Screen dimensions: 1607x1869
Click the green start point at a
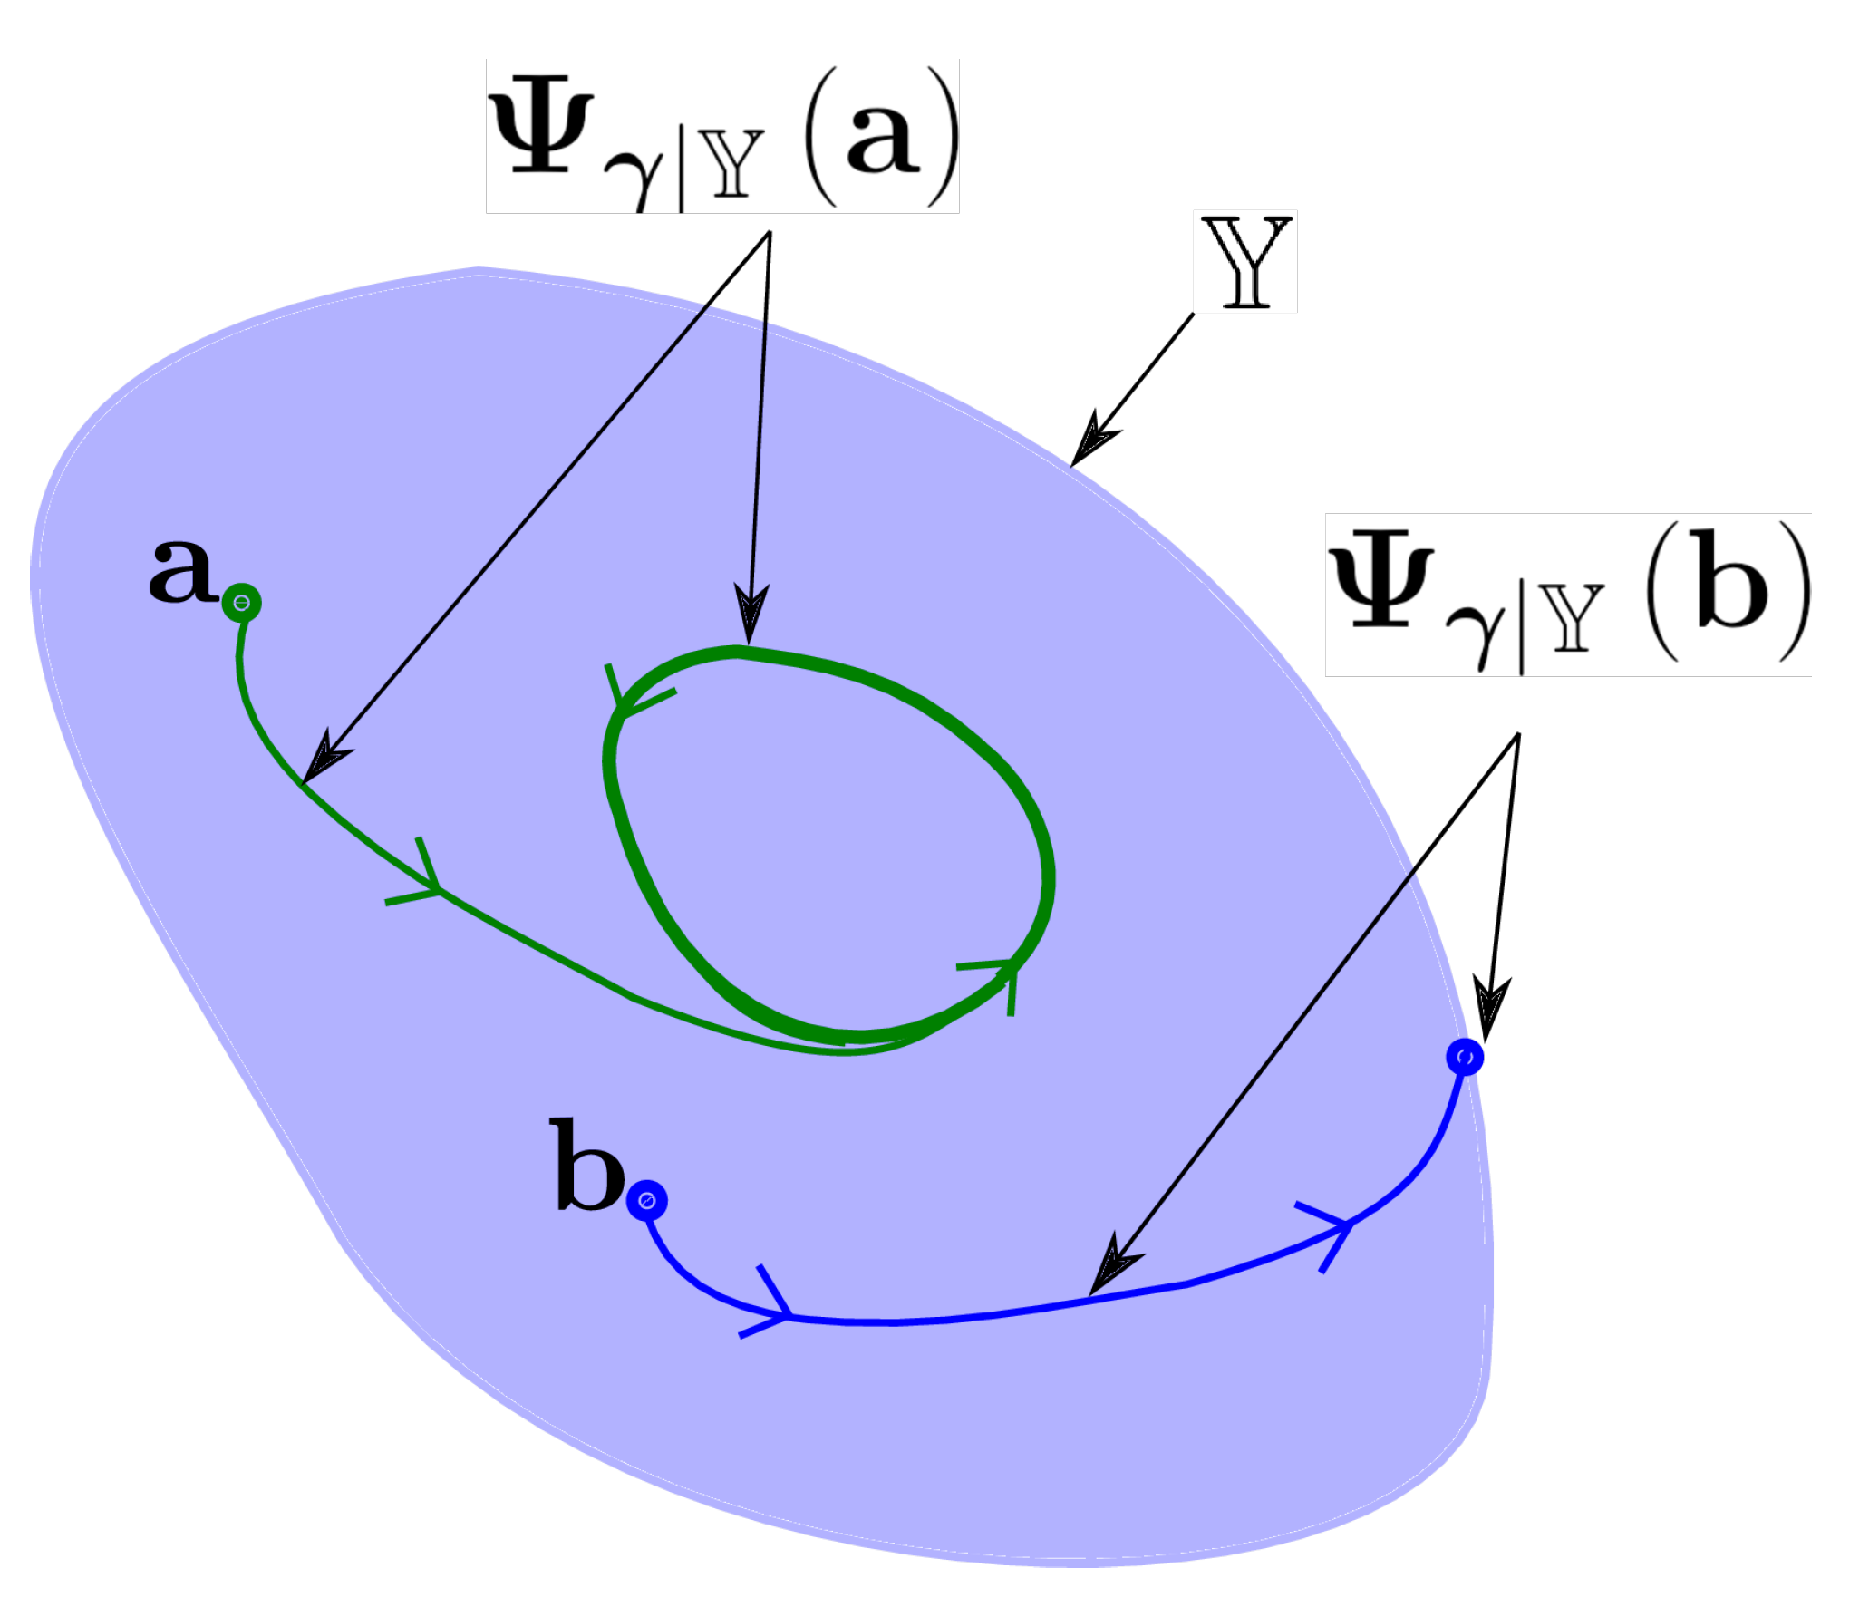click(241, 603)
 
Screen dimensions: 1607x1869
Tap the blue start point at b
click(646, 1201)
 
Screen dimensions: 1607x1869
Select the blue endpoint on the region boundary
click(1465, 1057)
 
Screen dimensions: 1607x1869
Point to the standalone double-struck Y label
click(1245, 262)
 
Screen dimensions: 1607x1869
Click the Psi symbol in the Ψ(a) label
click(542, 130)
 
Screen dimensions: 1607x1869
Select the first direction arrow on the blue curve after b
click(772, 1305)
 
